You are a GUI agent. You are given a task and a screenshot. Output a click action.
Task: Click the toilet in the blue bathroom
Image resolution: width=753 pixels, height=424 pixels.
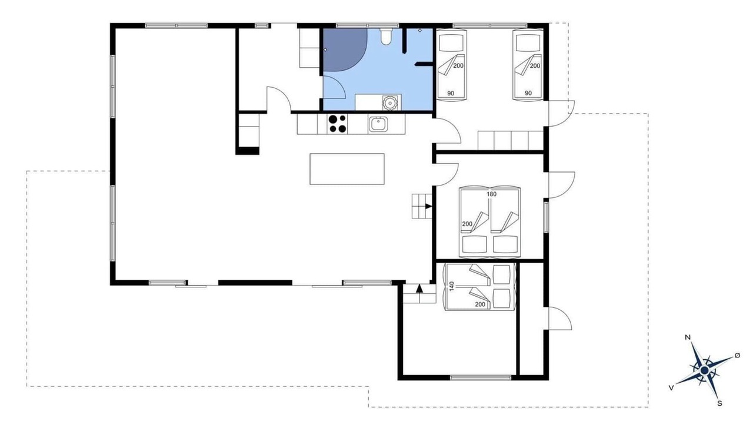click(x=386, y=37)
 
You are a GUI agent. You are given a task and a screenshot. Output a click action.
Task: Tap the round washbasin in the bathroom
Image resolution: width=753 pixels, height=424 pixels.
click(x=390, y=102)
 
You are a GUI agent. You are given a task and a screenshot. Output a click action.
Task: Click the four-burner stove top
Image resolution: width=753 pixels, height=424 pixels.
click(x=337, y=124)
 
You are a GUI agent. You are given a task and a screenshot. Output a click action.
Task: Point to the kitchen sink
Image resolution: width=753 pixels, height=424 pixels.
click(x=378, y=124)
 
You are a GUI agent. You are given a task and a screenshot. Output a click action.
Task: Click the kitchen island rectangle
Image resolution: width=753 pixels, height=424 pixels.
click(x=347, y=169)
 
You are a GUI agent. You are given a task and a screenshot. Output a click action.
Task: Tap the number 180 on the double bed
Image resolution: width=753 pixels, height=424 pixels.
click(x=491, y=194)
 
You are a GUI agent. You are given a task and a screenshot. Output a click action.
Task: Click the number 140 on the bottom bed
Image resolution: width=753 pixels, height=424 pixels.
click(x=451, y=286)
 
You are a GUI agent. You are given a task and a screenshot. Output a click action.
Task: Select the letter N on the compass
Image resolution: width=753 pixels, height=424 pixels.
click(x=688, y=337)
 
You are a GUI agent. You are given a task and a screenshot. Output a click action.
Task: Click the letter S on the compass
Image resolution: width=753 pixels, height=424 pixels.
click(x=719, y=403)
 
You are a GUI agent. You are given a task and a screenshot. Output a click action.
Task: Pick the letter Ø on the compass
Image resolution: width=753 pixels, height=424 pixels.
click(x=737, y=355)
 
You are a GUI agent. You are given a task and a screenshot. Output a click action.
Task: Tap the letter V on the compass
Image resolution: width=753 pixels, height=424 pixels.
click(x=671, y=388)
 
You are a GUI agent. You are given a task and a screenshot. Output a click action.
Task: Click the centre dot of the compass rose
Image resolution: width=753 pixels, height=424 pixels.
click(x=705, y=370)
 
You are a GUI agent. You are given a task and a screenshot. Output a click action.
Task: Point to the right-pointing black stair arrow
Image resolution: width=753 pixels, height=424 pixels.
click(x=428, y=206)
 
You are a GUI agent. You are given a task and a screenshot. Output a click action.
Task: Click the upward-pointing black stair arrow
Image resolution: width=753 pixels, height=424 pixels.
click(x=419, y=289)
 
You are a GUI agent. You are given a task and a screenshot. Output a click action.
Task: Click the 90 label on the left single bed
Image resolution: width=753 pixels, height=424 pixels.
click(x=451, y=93)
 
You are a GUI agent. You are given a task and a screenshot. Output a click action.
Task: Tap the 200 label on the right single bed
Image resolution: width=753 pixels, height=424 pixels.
click(x=535, y=66)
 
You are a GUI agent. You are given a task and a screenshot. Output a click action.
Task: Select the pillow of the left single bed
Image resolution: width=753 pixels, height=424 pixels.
click(x=451, y=42)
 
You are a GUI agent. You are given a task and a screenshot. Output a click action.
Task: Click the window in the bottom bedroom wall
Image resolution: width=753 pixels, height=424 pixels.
click(x=481, y=378)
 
